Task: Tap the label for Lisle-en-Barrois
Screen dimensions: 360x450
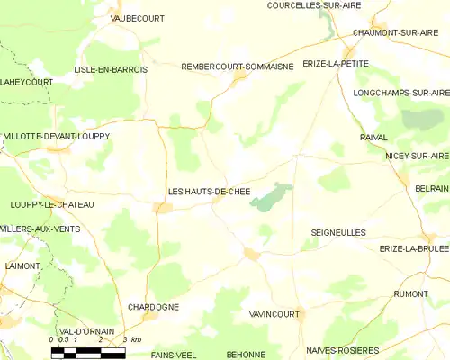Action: (x=111, y=68)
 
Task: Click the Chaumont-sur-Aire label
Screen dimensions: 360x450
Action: (x=390, y=32)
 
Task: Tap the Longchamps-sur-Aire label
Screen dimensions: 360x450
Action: (x=400, y=93)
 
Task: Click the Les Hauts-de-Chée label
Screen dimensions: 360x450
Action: (x=209, y=192)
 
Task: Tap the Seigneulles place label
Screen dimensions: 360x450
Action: (x=338, y=232)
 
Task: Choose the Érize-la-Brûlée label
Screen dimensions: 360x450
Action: (x=414, y=248)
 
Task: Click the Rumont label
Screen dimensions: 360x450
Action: (x=410, y=293)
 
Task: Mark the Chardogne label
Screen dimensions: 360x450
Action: (x=154, y=307)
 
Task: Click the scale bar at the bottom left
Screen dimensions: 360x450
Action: (x=88, y=352)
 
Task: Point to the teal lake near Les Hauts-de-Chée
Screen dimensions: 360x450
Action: (x=272, y=197)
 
